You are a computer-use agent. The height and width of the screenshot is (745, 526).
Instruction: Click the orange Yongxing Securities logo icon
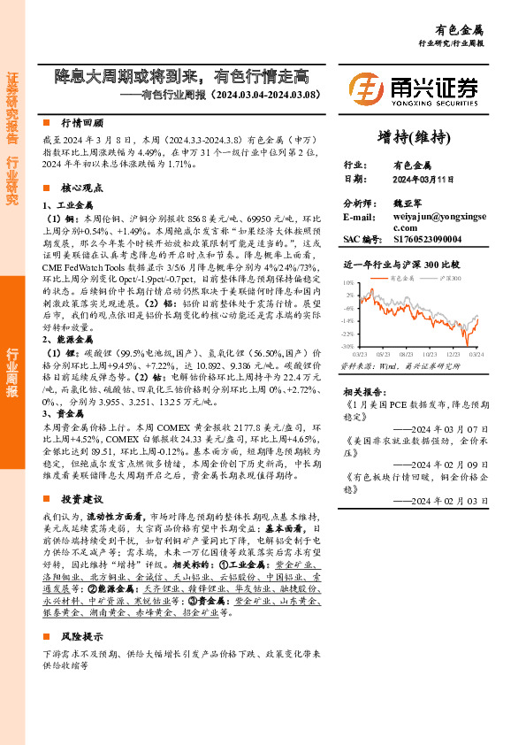[x=366, y=88]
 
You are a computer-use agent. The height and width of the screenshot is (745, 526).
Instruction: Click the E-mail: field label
[x=360, y=217]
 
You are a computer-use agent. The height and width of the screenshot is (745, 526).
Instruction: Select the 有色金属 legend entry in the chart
[x=404, y=278]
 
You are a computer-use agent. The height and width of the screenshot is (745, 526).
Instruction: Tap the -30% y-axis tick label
[x=348, y=347]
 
